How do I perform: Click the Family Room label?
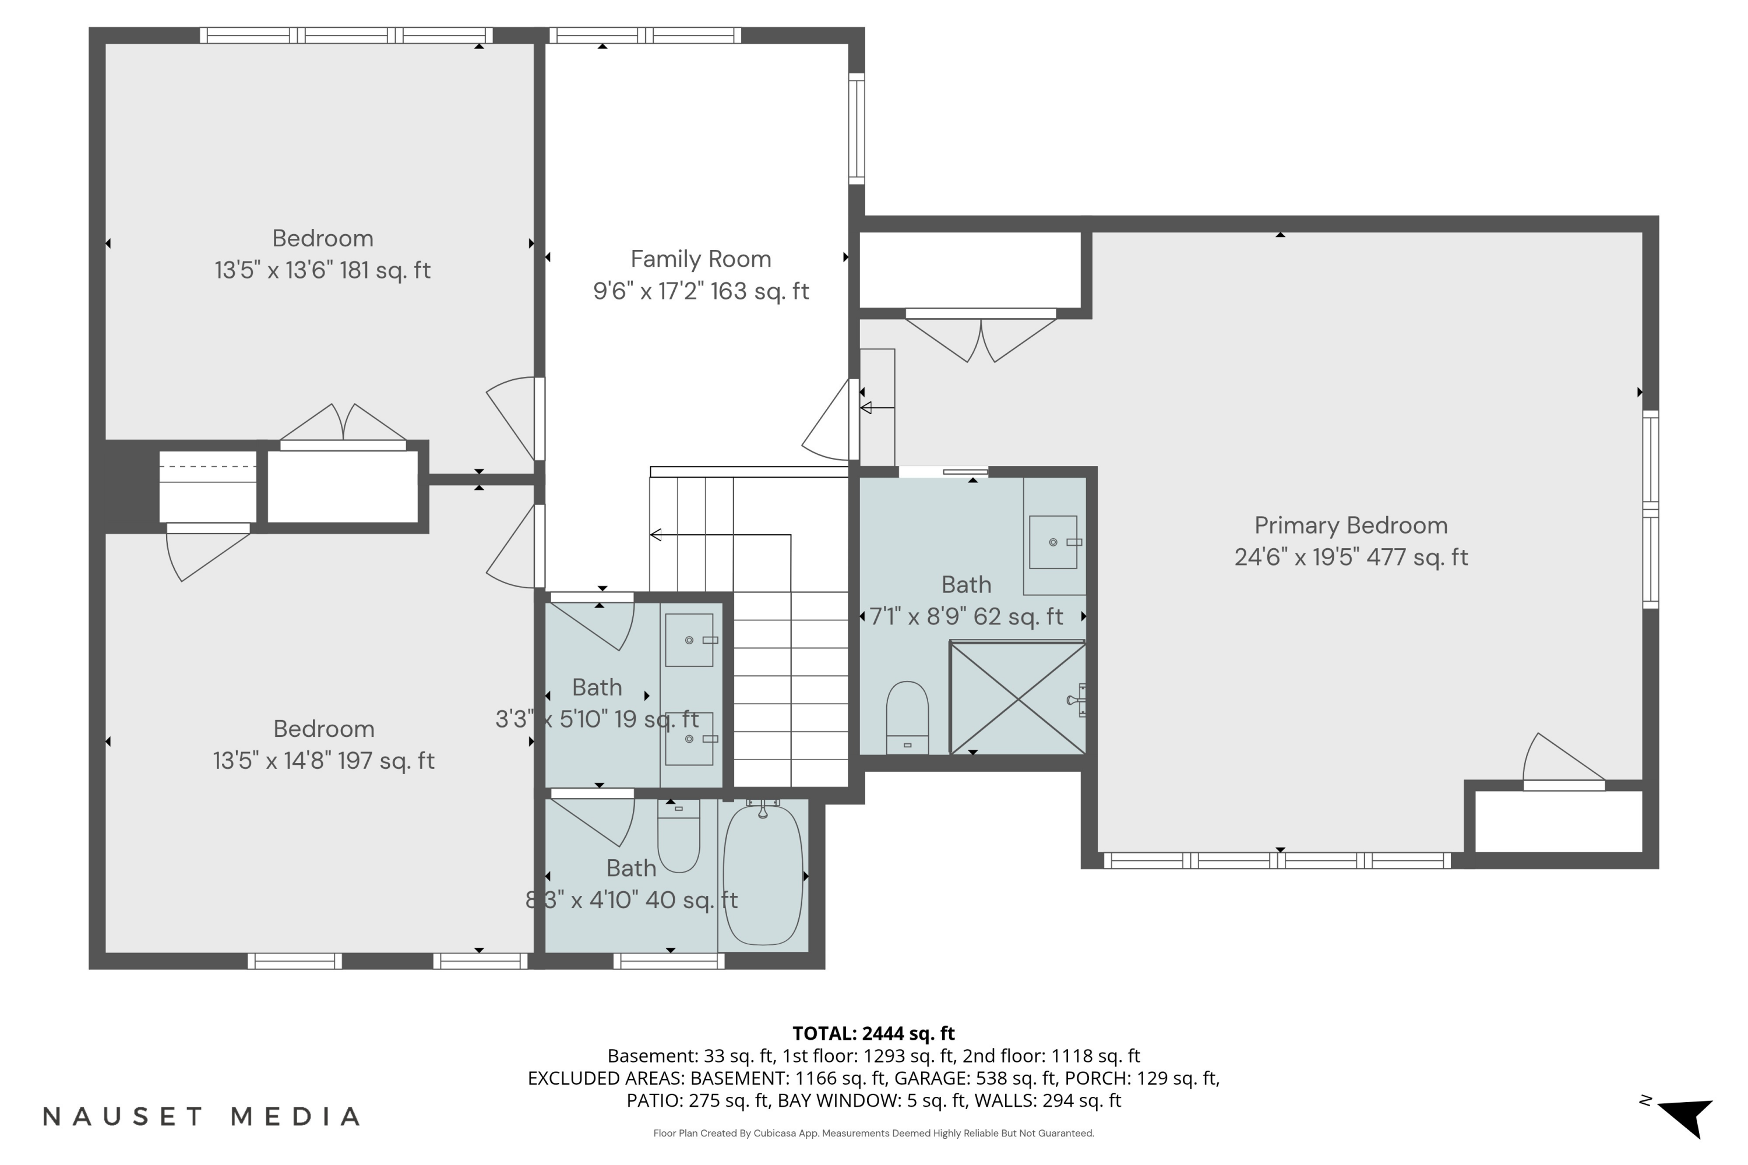pos(701,259)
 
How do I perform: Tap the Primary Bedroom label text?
pos(1351,525)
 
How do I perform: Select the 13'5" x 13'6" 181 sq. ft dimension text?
pos(323,270)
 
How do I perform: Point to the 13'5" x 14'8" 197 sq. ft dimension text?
pos(324,760)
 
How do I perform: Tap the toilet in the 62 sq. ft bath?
pos(907,718)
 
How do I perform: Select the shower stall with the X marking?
pos(1017,698)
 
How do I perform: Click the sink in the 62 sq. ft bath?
pos(1053,542)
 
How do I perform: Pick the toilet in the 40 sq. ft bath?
pos(679,835)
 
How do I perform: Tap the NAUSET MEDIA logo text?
pos(202,1116)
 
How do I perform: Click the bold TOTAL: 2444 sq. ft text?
pos(873,1033)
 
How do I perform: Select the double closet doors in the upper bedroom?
pos(343,425)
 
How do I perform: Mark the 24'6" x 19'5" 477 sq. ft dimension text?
pos(1351,556)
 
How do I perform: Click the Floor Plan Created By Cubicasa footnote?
pos(873,1133)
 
